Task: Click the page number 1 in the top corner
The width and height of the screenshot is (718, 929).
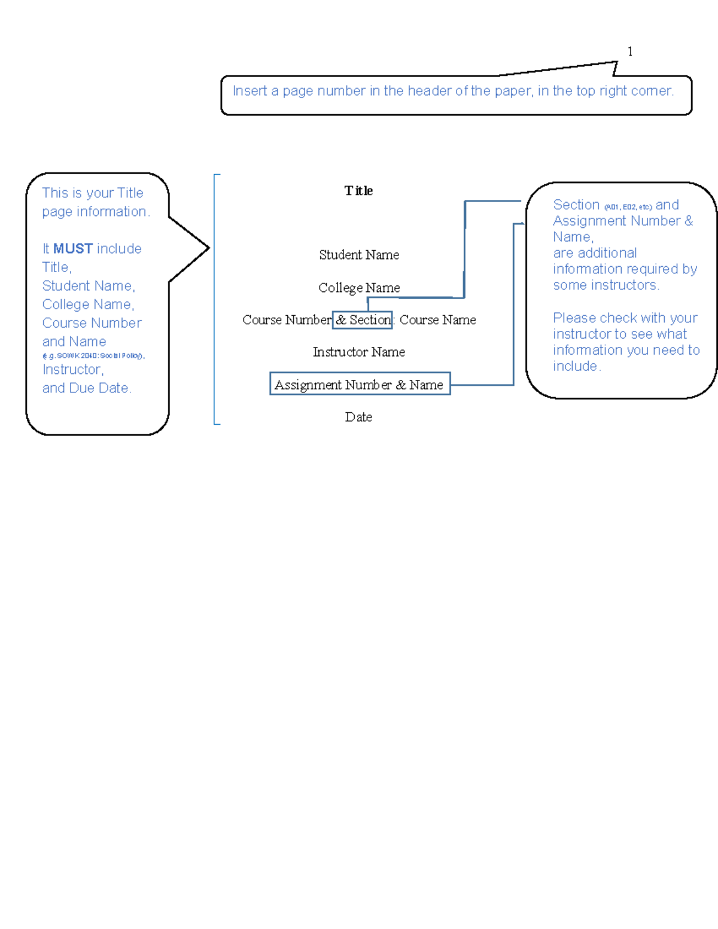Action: pyautogui.click(x=629, y=52)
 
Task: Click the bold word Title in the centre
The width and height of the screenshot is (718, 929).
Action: pyautogui.click(x=358, y=191)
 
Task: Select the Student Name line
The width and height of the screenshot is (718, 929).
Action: pyautogui.click(x=359, y=255)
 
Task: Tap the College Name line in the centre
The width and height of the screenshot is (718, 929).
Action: pyautogui.click(x=359, y=288)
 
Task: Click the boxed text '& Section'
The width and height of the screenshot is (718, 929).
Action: pyautogui.click(x=363, y=320)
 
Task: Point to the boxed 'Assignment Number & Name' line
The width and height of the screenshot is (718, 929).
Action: pyautogui.click(x=359, y=385)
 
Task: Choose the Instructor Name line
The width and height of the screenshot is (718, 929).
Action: pyautogui.click(x=359, y=352)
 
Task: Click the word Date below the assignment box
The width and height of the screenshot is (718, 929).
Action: pyautogui.click(x=358, y=417)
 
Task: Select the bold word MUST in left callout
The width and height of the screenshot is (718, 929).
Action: pyautogui.click(x=73, y=248)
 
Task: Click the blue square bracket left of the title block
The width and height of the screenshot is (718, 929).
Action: pyautogui.click(x=215, y=299)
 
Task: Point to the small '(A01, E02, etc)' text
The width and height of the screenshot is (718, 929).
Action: pyautogui.click(x=628, y=207)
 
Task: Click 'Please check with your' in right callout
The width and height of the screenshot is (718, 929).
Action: pyautogui.click(x=625, y=318)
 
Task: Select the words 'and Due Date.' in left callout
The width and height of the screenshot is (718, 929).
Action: pyautogui.click(x=87, y=388)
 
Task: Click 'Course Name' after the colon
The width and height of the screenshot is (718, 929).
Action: pyautogui.click(x=437, y=320)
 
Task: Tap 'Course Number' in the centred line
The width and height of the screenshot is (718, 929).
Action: pyautogui.click(x=287, y=320)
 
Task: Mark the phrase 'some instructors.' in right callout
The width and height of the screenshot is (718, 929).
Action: pyautogui.click(x=606, y=285)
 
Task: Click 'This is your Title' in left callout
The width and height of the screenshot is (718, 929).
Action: pyautogui.click(x=93, y=193)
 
